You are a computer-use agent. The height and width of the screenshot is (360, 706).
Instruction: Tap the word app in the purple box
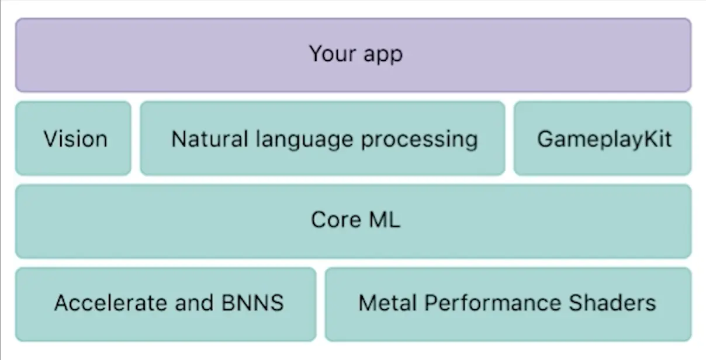tap(383, 56)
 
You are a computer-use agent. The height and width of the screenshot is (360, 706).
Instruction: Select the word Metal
tap(388, 303)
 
